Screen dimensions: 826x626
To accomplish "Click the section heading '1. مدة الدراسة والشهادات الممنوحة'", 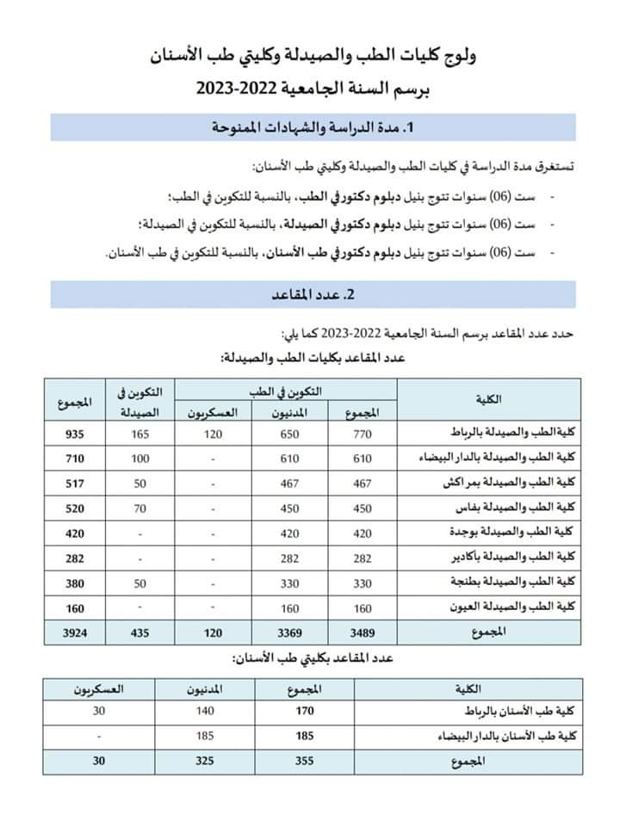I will pos(313,127).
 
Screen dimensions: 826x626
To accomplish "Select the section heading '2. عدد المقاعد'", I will pos(313,294).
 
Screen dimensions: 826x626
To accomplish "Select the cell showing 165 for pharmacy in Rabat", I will pos(140,434).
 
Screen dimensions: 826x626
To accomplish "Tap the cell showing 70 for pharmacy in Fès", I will pos(140,509).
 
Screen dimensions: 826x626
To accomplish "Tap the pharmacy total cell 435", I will pos(140,632).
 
